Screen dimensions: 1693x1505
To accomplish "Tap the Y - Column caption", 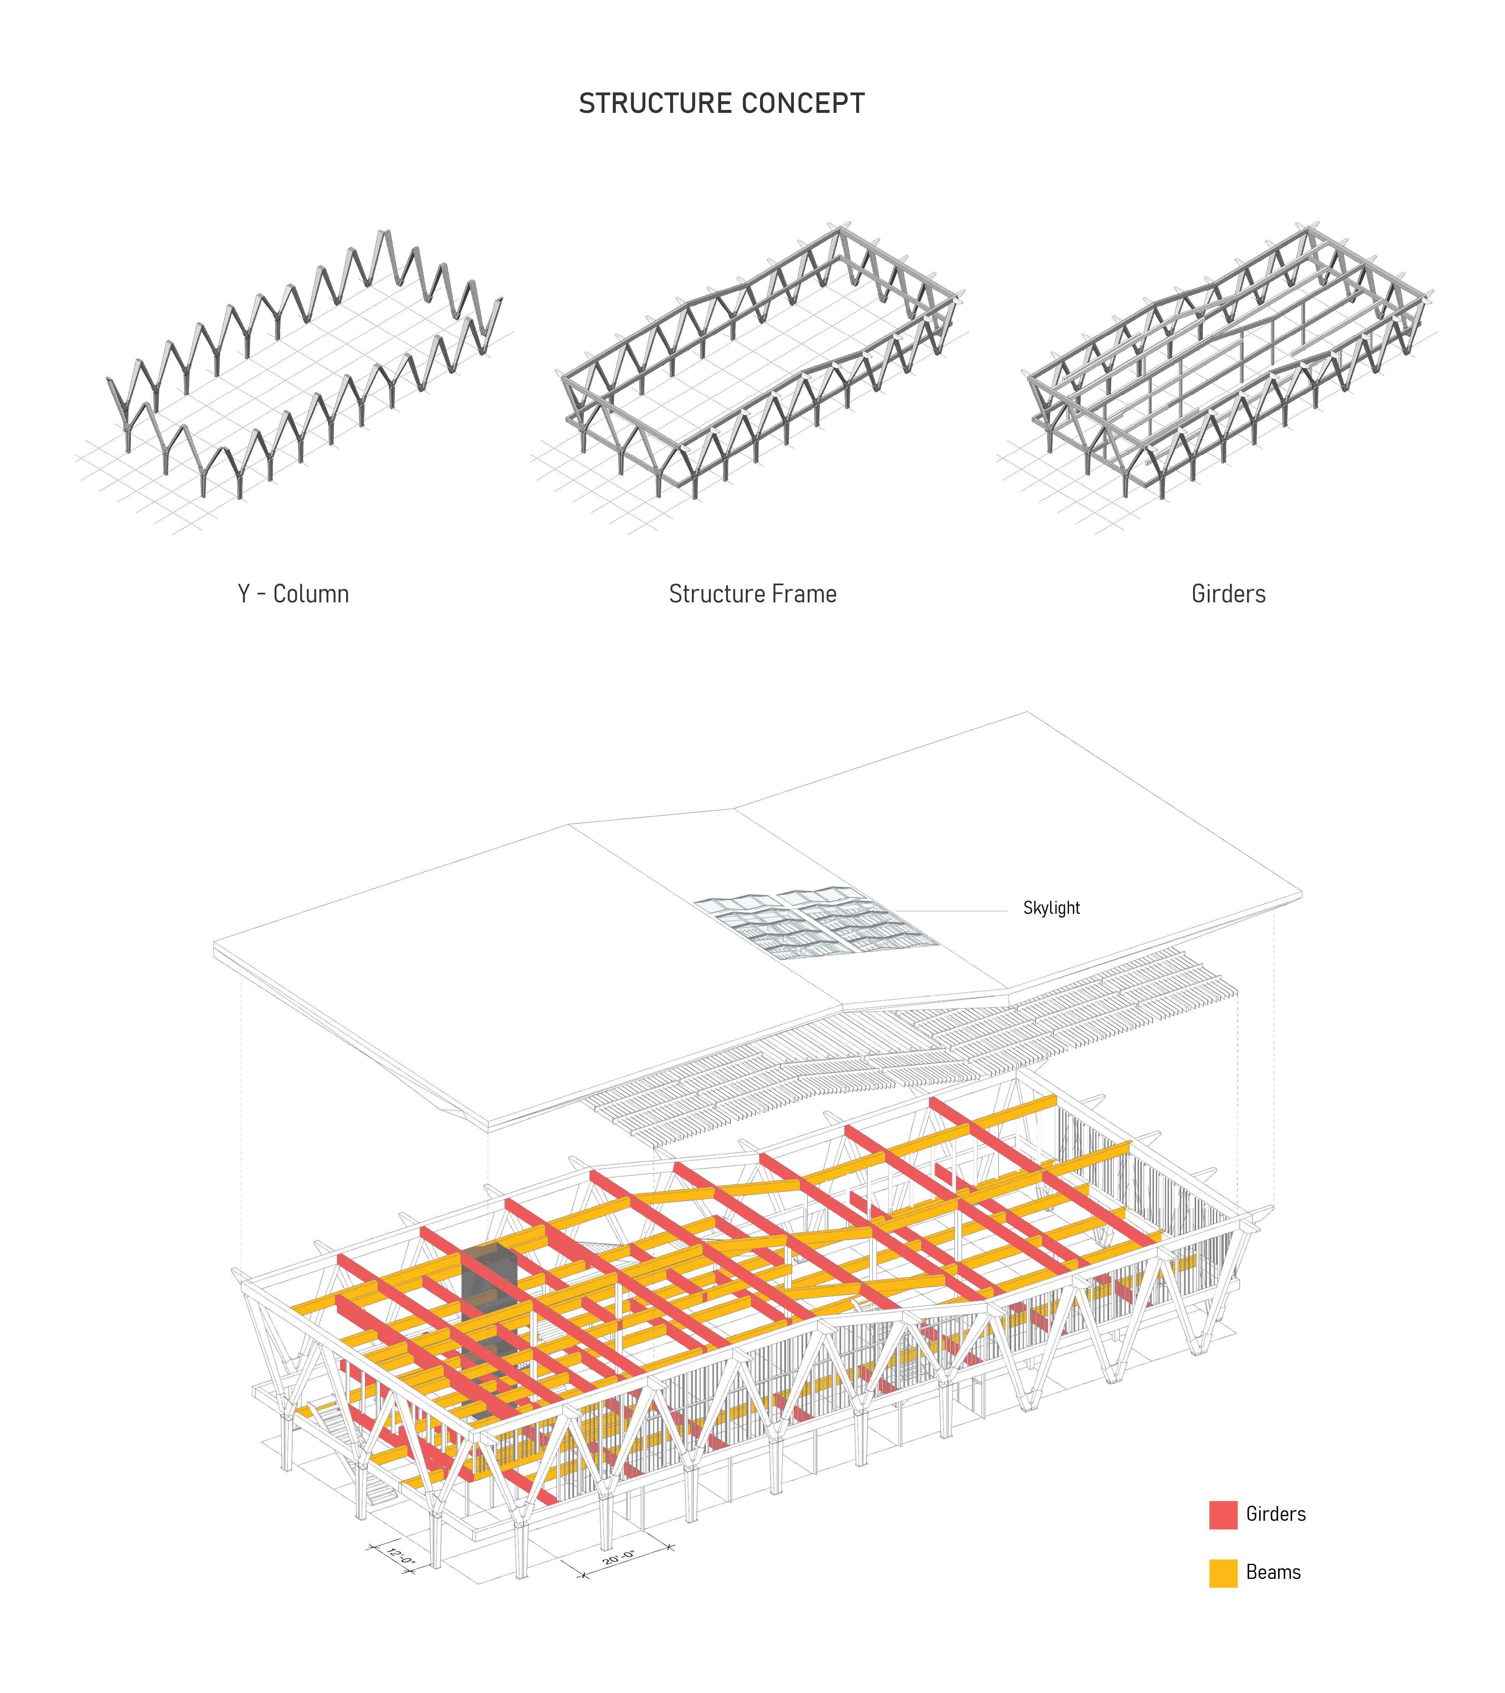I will click(x=293, y=594).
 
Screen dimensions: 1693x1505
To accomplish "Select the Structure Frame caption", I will click(x=752, y=594).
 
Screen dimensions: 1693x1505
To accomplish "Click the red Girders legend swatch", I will click(x=1222, y=1514).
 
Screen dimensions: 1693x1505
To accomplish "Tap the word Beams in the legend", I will click(x=1273, y=1572).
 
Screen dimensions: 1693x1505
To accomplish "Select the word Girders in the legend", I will click(x=1275, y=1514).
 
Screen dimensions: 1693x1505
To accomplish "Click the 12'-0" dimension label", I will click(x=401, y=1557).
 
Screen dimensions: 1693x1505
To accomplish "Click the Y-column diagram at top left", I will click(x=298, y=373).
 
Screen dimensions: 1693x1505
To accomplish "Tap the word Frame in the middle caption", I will click(x=804, y=594).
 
